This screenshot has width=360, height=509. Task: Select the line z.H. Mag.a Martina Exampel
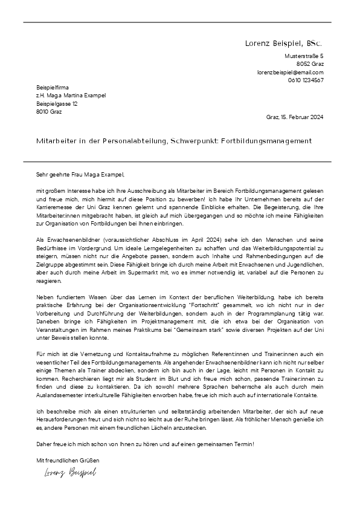(x=71, y=96)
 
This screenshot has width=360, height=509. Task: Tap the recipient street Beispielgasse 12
(x=57, y=103)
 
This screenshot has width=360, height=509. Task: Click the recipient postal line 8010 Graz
(x=49, y=111)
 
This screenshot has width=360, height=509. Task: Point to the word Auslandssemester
(x=60, y=395)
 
